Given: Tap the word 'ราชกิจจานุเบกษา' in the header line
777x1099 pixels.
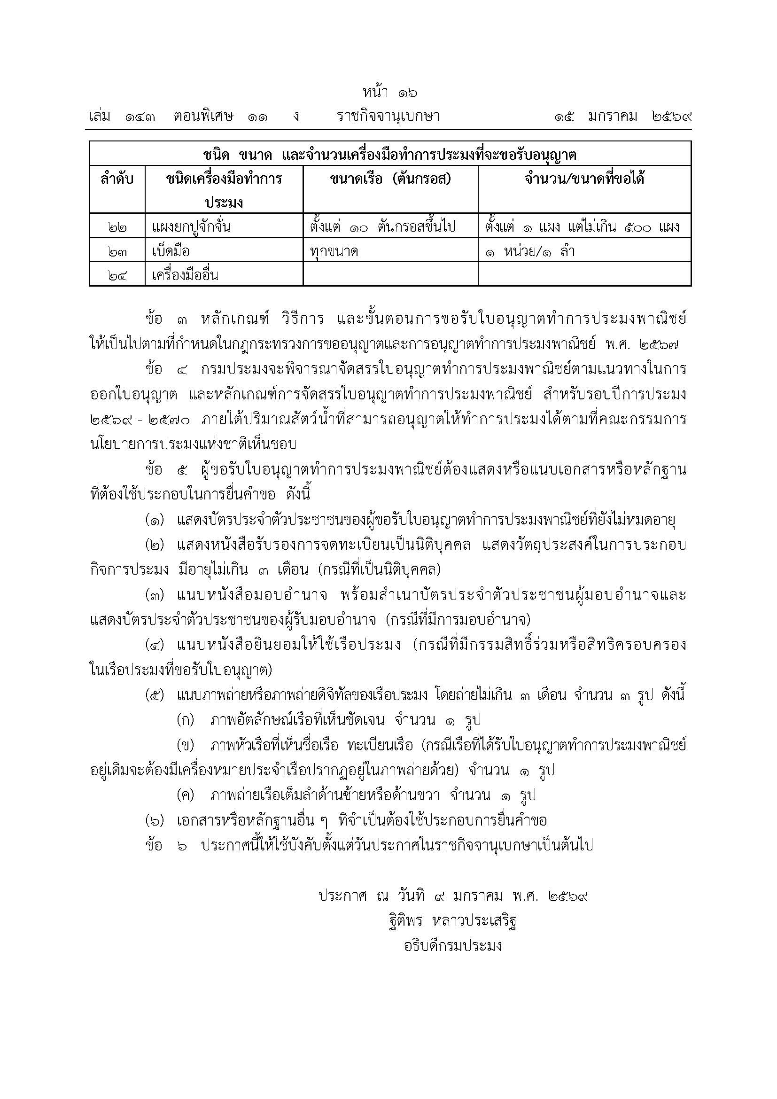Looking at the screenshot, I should pyautogui.click(x=388, y=117).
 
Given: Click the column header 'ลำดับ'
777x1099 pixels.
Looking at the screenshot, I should pyautogui.click(x=117, y=179).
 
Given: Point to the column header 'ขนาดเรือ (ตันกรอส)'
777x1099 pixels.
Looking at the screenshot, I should pyautogui.click(x=390, y=179).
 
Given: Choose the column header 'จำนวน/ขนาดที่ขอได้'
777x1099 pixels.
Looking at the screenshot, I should pyautogui.click(x=584, y=179).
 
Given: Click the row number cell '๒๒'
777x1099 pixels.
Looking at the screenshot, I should pyautogui.click(x=117, y=226).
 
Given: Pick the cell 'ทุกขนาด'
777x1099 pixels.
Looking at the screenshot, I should pyautogui.click(x=334, y=250).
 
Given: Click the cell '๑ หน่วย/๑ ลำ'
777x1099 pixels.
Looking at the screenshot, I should pyautogui.click(x=529, y=250).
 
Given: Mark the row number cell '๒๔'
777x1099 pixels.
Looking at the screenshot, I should pyautogui.click(x=117, y=275).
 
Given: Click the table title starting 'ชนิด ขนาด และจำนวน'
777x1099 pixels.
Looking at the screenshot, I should pyautogui.click(x=390, y=155).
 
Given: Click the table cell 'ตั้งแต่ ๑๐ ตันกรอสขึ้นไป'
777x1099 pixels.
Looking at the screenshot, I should pyautogui.click(x=383, y=226).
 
